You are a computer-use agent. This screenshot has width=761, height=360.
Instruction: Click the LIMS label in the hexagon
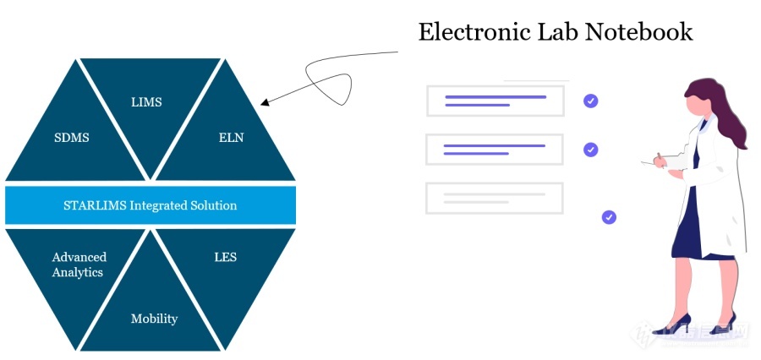coord(146,102)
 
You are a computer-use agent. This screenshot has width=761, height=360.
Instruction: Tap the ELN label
coord(231,137)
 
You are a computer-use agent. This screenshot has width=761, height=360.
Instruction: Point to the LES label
coord(225,257)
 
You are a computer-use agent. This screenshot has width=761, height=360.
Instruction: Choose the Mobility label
coord(154,319)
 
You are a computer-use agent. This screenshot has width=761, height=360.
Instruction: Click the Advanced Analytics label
coord(78,265)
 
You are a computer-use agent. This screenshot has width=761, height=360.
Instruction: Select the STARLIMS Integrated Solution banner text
coord(151,205)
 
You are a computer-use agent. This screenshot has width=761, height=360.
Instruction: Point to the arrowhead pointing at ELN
coord(266,103)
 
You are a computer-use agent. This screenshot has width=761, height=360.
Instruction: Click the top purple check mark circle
coord(590,101)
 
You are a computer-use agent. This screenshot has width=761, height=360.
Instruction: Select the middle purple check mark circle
coord(590,150)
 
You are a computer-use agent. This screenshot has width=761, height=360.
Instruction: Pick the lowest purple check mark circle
coord(609,217)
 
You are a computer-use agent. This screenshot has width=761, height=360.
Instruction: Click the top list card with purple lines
coord(495,101)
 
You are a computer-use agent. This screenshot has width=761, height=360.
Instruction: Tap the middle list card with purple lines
coord(495,150)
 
